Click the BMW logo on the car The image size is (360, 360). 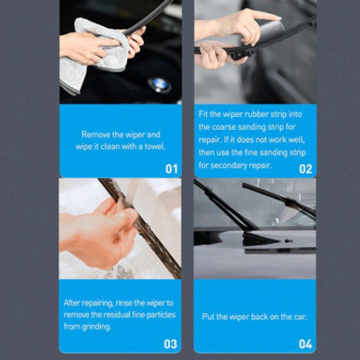coord(158,85)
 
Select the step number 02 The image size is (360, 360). coord(305,168)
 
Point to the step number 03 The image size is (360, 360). coord(170,344)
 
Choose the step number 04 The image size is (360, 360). coord(305,344)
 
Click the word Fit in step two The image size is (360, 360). coord(203,114)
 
